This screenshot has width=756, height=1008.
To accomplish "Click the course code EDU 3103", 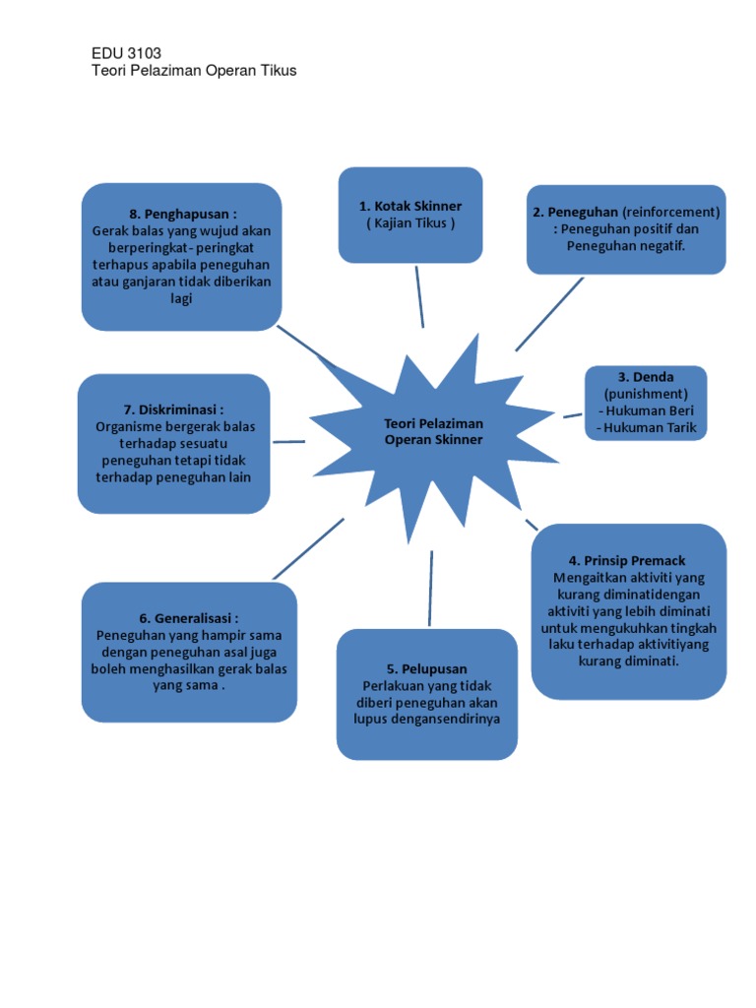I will [126, 53].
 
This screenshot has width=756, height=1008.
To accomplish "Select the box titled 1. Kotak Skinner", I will [410, 215].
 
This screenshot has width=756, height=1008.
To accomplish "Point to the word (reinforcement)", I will [672, 212].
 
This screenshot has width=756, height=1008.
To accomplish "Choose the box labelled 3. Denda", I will [646, 403].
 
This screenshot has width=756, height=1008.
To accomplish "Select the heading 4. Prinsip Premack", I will [629, 560].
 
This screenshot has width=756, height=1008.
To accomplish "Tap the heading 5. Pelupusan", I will [427, 668].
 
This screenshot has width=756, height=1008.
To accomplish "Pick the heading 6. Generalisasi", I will [189, 618].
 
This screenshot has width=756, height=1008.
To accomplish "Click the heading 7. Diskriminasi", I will [173, 409].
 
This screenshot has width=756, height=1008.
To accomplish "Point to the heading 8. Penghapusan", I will [182, 214].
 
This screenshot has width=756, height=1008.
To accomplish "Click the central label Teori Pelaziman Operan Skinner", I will [434, 431].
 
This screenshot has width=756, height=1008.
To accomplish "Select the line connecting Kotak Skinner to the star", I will [419, 295].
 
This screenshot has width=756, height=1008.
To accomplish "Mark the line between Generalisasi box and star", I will [308, 548].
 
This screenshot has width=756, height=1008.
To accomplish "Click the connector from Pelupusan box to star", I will [430, 588].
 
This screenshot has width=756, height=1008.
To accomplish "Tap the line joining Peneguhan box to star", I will [549, 314].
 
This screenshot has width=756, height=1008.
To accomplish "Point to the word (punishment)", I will [646, 394].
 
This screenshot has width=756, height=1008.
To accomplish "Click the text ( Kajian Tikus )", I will [410, 222].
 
